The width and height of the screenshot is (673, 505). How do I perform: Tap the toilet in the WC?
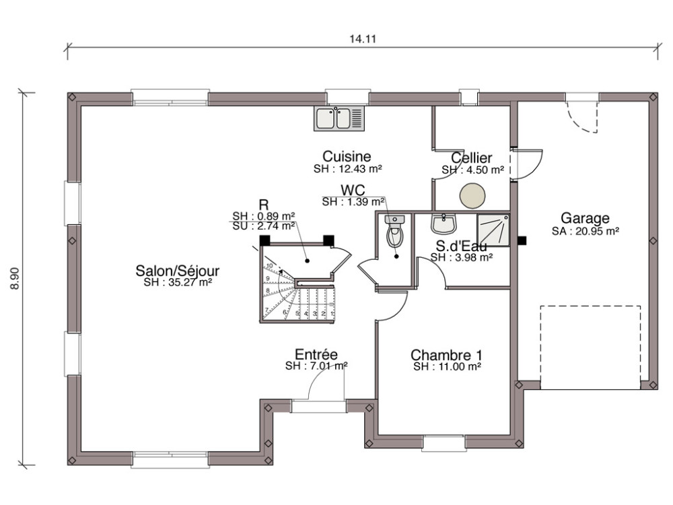[x=394, y=234]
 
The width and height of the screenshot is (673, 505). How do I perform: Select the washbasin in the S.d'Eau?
[x=444, y=223]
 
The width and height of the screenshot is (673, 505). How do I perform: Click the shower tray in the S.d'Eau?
[x=494, y=230]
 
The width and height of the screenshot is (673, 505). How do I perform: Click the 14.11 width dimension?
[x=362, y=38]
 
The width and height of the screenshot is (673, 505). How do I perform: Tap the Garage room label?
[x=585, y=218]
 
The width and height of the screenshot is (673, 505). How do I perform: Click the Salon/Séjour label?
[x=178, y=271]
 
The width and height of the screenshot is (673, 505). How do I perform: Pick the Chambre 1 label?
[x=446, y=355]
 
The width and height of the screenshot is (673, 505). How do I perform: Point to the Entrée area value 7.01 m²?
[x=316, y=366]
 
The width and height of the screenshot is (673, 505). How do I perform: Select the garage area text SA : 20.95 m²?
[x=585, y=230]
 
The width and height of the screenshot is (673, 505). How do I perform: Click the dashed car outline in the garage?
[x=590, y=347]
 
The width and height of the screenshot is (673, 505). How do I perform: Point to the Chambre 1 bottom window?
[x=442, y=442]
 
